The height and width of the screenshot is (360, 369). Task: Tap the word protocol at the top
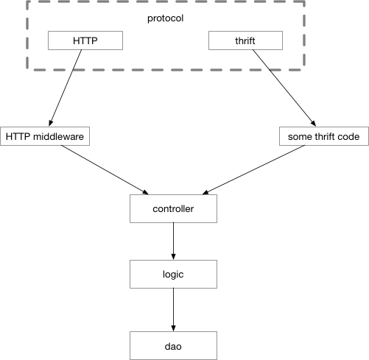tap(165, 18)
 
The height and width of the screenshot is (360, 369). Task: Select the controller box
tap(173, 209)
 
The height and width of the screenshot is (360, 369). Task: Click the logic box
tap(173, 274)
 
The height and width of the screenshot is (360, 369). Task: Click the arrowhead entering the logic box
tap(173, 256)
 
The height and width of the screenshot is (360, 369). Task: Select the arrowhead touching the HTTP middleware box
tap(51, 123)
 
